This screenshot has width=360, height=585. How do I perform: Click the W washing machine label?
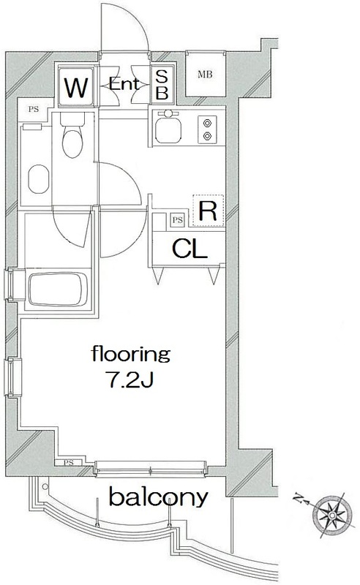[x=76, y=87]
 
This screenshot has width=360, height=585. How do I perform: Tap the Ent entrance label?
[x=124, y=85]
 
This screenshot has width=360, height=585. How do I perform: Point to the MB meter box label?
[x=205, y=75]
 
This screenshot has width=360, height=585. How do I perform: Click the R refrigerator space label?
[x=208, y=211]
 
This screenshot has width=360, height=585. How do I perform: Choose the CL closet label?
[x=190, y=249]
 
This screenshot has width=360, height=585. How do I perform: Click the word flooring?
[x=131, y=355]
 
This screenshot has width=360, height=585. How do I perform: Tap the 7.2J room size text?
[x=131, y=380]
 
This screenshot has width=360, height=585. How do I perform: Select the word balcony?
[x=158, y=497]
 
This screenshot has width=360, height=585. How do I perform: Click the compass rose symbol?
[x=332, y=516]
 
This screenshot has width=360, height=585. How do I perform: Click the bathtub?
[x=59, y=289]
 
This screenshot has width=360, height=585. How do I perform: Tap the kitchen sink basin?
[x=168, y=131]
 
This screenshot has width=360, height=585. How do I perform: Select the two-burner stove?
[x=207, y=129]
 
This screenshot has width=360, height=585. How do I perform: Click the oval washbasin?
[x=39, y=179]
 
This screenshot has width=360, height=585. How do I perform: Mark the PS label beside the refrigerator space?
[x=178, y=220]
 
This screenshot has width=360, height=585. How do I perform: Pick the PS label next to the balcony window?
[x=68, y=463]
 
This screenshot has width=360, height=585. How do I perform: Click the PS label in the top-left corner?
[x=33, y=109]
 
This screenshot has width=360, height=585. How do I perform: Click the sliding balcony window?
[x=150, y=469]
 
